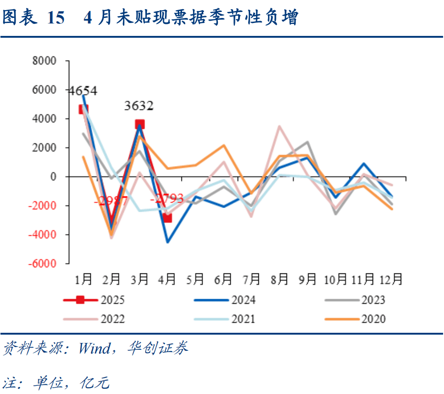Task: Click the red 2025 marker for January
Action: click(x=83, y=109)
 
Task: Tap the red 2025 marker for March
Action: click(x=140, y=124)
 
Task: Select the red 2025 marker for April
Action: click(x=167, y=218)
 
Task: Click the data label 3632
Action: click(x=139, y=106)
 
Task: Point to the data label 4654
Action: click(x=82, y=91)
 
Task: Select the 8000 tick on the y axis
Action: click(x=44, y=61)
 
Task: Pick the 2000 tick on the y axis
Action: click(x=44, y=148)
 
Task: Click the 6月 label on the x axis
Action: click(x=223, y=279)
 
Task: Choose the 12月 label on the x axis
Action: click(x=391, y=279)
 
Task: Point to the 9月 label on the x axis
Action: click(x=307, y=279)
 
